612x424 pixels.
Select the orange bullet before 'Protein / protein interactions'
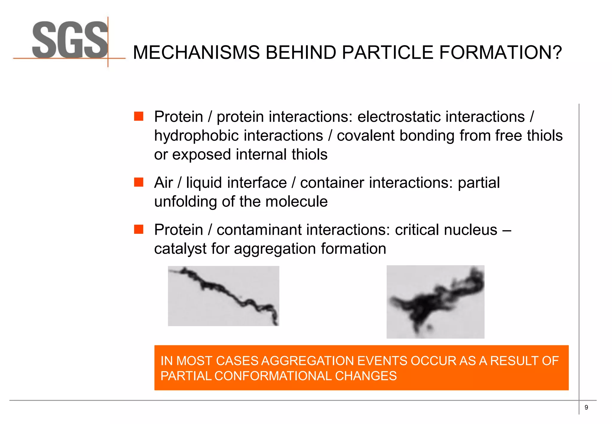point(139,116)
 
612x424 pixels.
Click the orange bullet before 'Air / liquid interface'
point(139,182)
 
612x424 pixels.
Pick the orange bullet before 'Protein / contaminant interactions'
point(139,229)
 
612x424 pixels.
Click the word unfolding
point(185,202)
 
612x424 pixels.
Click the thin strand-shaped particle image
point(224,296)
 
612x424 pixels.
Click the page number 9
point(586,407)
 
